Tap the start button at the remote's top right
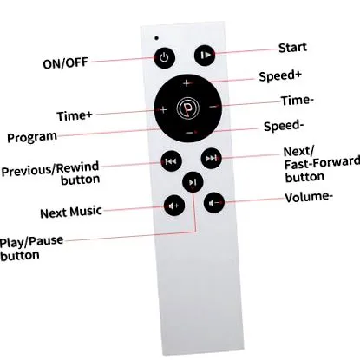205,55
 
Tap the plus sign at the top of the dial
187,83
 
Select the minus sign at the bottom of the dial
189,133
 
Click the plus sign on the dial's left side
163,110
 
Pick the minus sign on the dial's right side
213,107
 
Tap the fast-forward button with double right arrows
212,158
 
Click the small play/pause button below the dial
193,182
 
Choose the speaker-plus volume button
174,206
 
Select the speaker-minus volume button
214,203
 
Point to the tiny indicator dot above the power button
156,38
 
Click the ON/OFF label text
65,63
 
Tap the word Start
292,48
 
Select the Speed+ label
280,76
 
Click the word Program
32,137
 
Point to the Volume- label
309,197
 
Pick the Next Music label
71,212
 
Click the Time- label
298,101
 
